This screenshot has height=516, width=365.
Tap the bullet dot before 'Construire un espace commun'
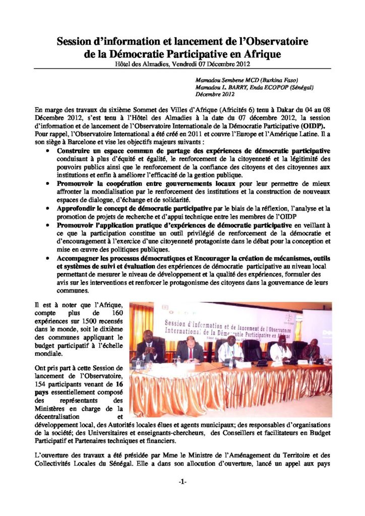(x=47, y=151)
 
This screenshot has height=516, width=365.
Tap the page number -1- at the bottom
(x=182, y=482)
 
